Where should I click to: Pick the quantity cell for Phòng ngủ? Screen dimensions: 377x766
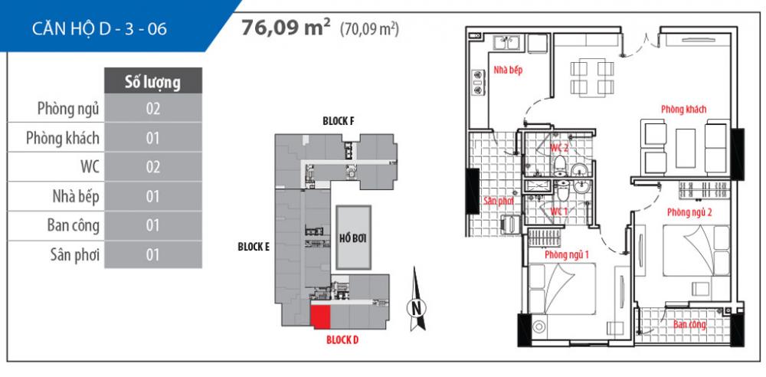click(x=152, y=109)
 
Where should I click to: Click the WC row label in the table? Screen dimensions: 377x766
click(x=85, y=166)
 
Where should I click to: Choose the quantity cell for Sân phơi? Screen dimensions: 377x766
click(x=152, y=254)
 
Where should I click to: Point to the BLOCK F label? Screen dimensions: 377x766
click(x=337, y=122)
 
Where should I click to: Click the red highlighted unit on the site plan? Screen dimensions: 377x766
click(x=320, y=316)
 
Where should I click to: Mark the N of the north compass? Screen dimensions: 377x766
click(x=417, y=308)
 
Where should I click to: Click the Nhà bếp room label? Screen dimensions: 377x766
click(x=508, y=70)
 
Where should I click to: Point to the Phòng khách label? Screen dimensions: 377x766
click(x=683, y=110)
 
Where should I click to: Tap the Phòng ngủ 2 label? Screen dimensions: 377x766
click(x=689, y=212)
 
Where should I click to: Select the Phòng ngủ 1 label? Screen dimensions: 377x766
click(x=566, y=254)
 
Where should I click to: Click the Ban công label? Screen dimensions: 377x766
click(x=689, y=324)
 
